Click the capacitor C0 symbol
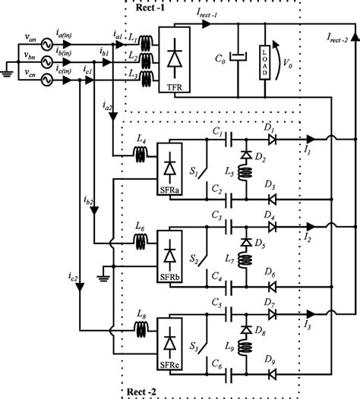(239, 57)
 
